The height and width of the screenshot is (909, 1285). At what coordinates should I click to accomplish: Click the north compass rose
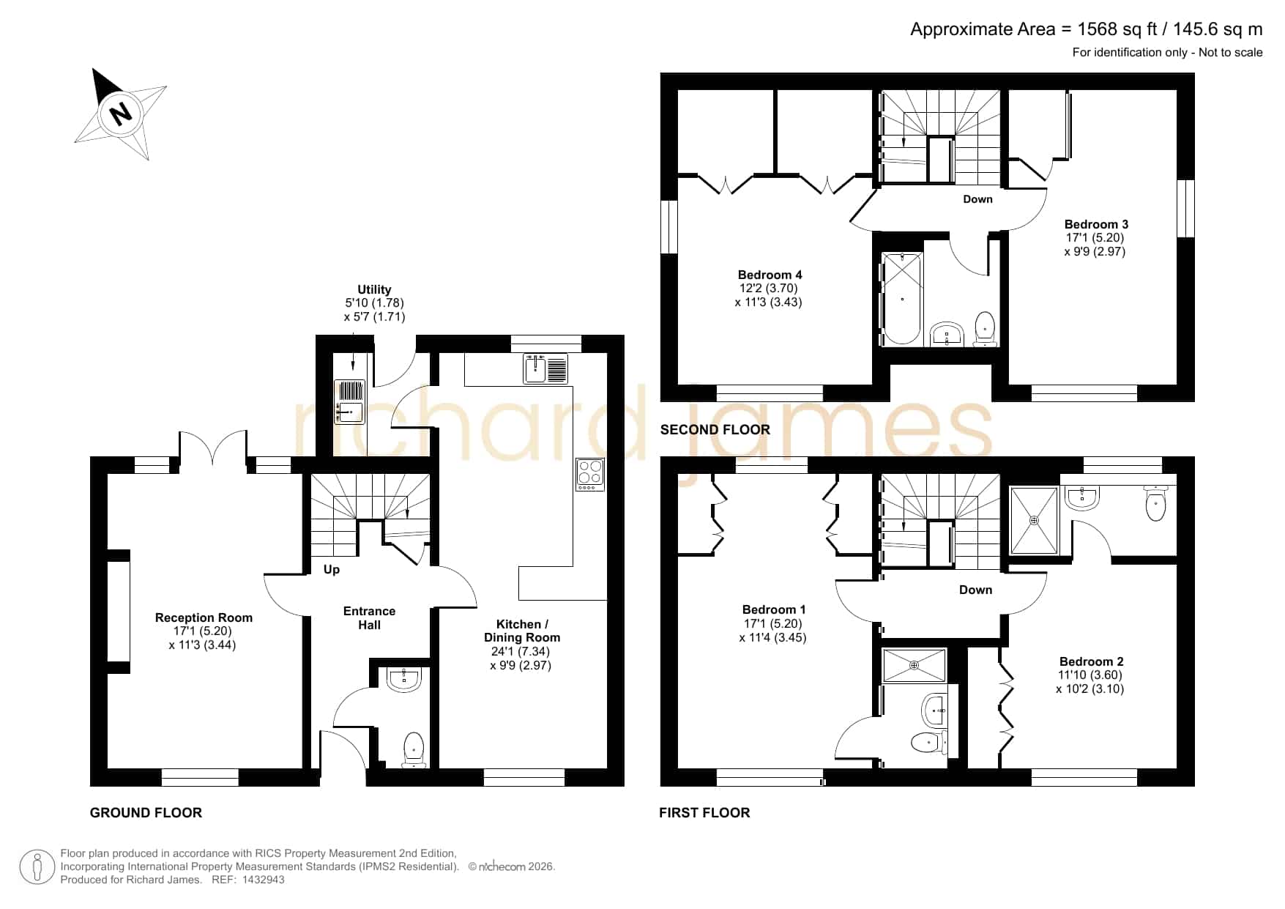point(121,114)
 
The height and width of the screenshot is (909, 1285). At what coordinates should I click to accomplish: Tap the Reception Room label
point(204,617)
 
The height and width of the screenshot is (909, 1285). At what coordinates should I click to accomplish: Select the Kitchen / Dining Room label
point(521,631)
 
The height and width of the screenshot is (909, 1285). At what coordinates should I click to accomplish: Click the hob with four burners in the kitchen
point(590,474)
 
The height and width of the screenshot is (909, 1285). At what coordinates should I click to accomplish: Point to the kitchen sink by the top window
point(545,368)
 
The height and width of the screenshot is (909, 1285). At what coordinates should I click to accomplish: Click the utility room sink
point(349,401)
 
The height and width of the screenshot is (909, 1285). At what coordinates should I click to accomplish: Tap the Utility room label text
point(374,289)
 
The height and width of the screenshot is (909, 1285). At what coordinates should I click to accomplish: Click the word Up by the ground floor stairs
point(332,569)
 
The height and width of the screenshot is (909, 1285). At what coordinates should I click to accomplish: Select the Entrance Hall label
point(369,617)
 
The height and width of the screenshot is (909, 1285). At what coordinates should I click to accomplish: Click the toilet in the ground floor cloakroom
point(414,749)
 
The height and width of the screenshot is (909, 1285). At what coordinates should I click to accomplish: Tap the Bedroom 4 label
point(770,275)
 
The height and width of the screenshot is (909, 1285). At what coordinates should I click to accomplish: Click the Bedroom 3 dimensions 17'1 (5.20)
point(1095,237)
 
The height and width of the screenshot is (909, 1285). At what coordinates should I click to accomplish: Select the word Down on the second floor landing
point(977,199)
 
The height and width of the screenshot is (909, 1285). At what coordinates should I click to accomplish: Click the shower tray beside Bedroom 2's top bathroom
point(1034,520)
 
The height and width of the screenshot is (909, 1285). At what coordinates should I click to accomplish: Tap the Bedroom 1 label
point(774,609)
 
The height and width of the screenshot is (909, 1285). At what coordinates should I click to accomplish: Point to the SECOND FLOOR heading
point(715,430)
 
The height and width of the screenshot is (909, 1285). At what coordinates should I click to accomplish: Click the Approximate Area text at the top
point(1087,29)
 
